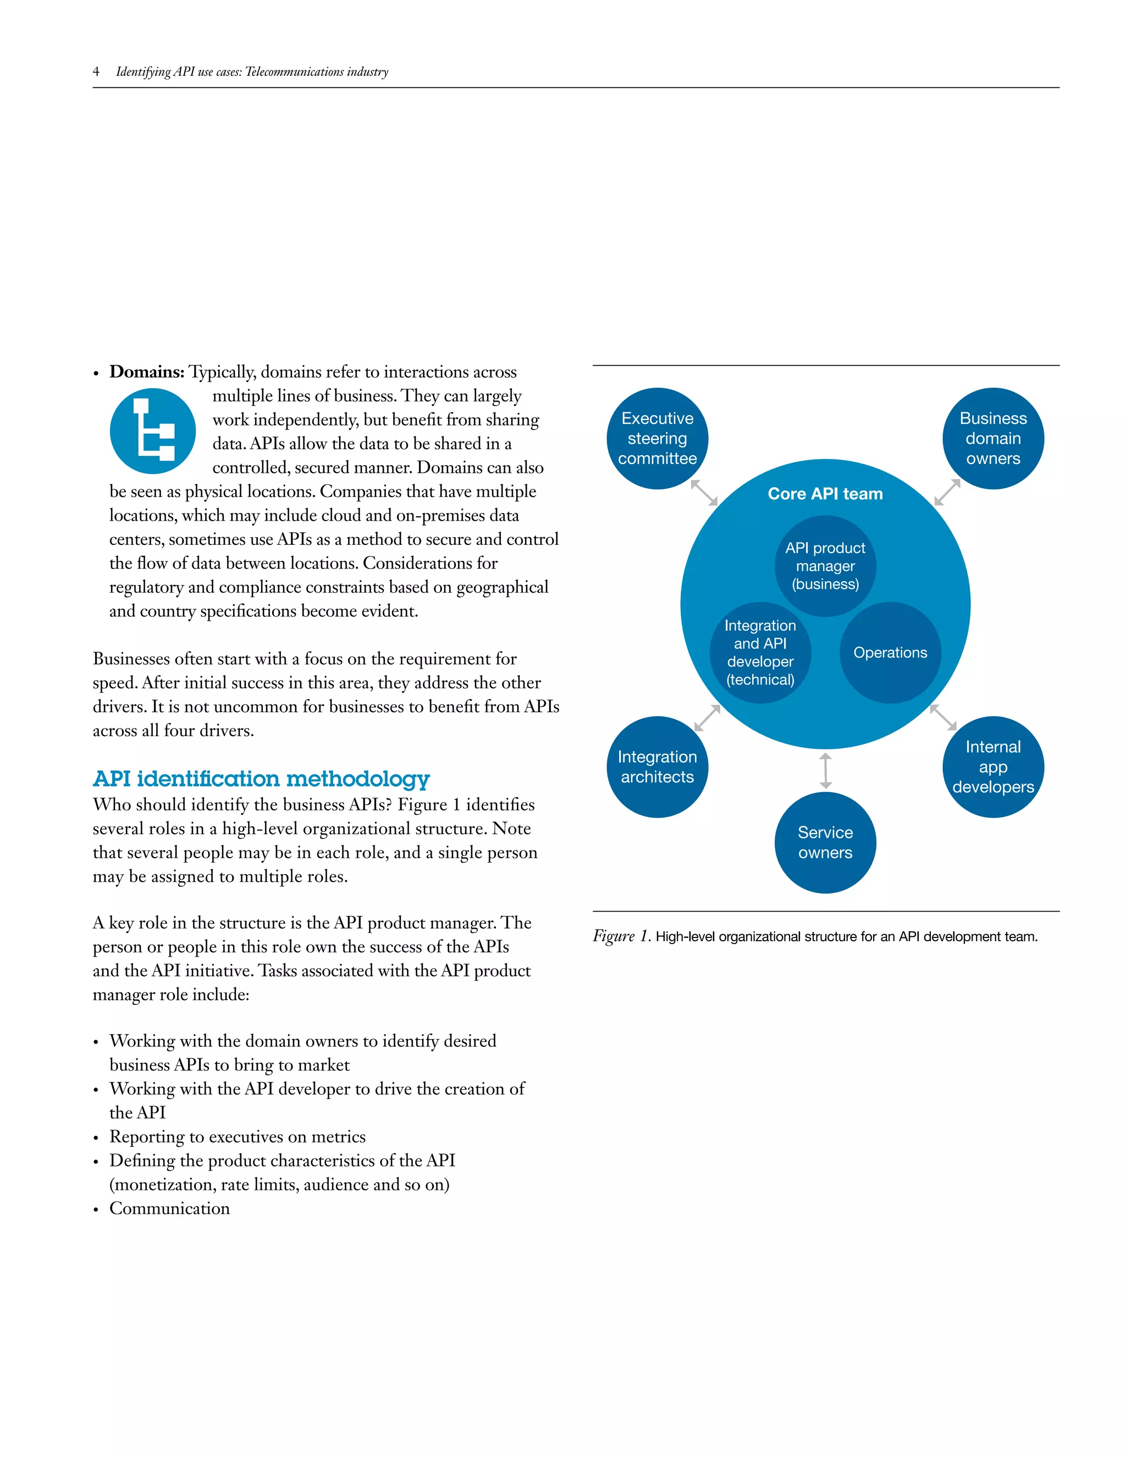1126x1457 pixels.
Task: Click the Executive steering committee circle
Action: [657, 438]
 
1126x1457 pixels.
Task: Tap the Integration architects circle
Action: [657, 766]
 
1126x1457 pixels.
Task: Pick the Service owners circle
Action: [825, 842]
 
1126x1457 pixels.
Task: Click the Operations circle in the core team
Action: [890, 653]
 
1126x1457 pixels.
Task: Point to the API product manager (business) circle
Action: [825, 566]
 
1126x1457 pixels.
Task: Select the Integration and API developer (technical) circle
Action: [760, 653]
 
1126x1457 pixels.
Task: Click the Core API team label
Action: [825, 494]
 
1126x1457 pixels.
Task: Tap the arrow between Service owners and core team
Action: [825, 770]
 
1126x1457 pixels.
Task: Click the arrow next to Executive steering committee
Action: [704, 492]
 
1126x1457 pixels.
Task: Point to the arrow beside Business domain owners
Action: [947, 492]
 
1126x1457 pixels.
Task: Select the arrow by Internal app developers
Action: [943, 717]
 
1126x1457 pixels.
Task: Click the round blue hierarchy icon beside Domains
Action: [153, 431]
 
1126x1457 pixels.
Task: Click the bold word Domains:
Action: [147, 372]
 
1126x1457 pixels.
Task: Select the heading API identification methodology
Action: [261, 779]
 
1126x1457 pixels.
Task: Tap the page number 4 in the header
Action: [96, 71]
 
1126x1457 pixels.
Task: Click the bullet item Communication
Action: [169, 1208]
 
